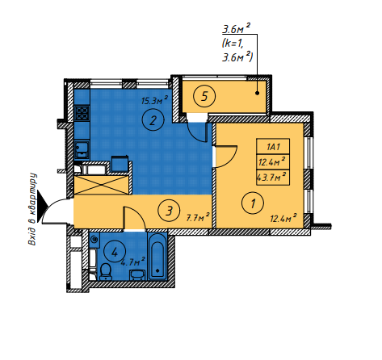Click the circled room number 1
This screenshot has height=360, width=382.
pos(253,203)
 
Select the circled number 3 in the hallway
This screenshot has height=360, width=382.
pos(166,212)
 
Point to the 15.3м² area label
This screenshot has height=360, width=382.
pos(154,101)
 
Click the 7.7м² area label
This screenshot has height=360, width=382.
pos(197,217)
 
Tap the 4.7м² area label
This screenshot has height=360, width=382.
pos(132,262)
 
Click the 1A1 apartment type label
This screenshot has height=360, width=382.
pos(271,147)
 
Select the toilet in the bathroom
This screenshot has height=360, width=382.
pos(106,268)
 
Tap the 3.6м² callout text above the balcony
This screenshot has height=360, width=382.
pos(236,30)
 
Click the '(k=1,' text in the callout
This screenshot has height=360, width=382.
pos(235,44)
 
